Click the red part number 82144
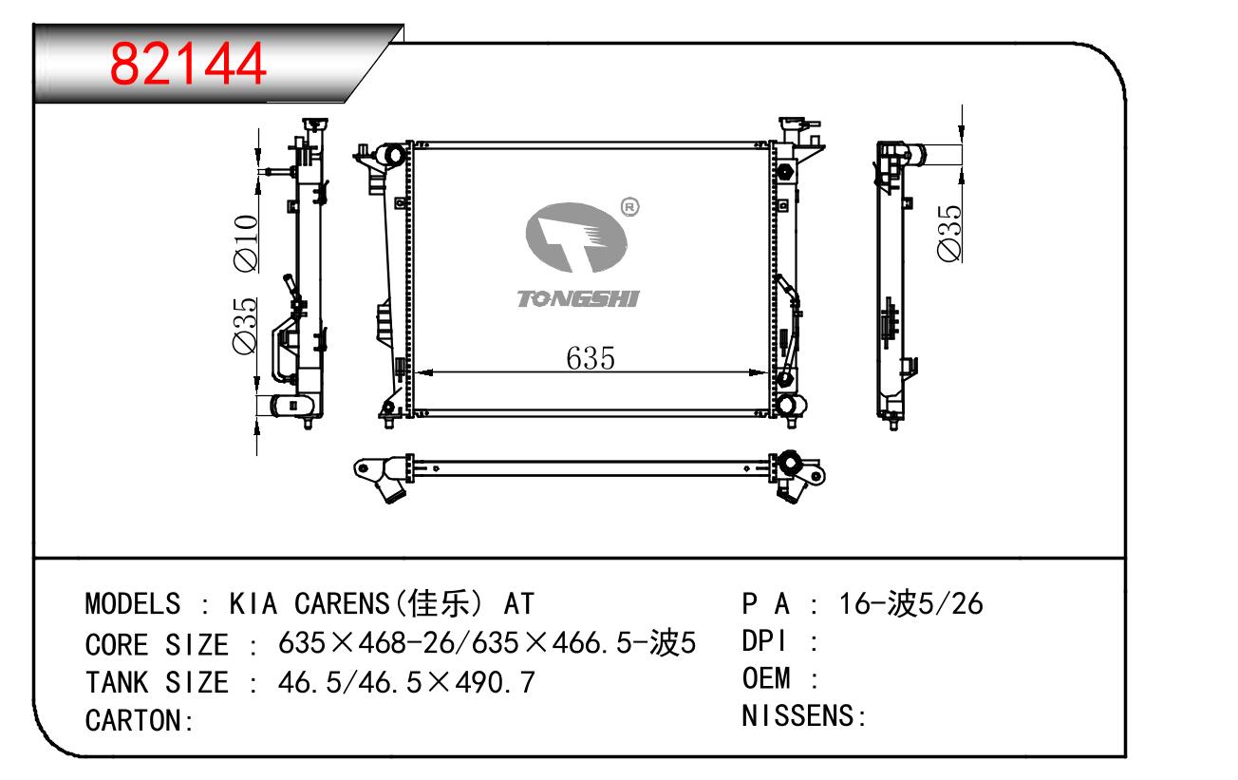188,65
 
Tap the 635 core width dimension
591,358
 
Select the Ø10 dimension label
246,243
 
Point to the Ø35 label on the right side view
949,233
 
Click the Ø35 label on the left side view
245,326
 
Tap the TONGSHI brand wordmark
578,298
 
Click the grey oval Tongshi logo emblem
576,238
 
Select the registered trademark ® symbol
630,207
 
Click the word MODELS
133,603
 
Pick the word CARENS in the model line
342,603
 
